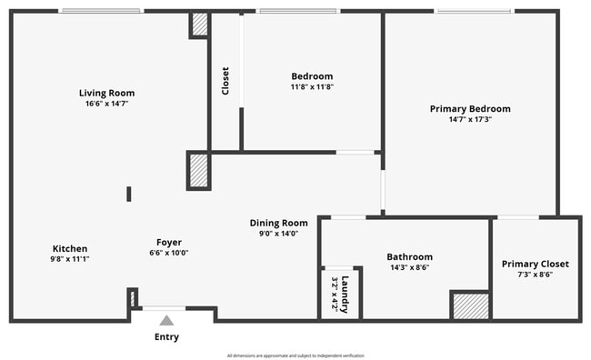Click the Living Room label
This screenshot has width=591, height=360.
click(107, 93)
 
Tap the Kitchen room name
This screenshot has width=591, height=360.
click(70, 248)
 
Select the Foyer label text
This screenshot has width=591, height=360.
click(169, 242)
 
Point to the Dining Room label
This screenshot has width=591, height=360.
click(279, 223)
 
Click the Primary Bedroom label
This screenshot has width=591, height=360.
click(470, 109)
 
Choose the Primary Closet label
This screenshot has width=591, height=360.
click(536, 264)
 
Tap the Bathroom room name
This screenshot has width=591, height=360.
click(409, 257)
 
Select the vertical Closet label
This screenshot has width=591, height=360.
click(225, 82)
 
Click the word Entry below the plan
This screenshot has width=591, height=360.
click(166, 337)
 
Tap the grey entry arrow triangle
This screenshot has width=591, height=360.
click(166, 320)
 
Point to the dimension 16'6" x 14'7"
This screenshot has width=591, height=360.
click(107, 104)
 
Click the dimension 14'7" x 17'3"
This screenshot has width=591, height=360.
click(470, 120)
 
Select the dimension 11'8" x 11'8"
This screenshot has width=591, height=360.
click(312, 86)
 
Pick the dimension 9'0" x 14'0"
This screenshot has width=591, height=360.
click(279, 234)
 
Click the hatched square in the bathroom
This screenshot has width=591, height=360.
click(470, 306)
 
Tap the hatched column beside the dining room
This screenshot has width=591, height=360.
click(199, 171)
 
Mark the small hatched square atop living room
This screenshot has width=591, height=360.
click(199, 25)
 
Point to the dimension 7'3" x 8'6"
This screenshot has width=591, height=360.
click(536, 275)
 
